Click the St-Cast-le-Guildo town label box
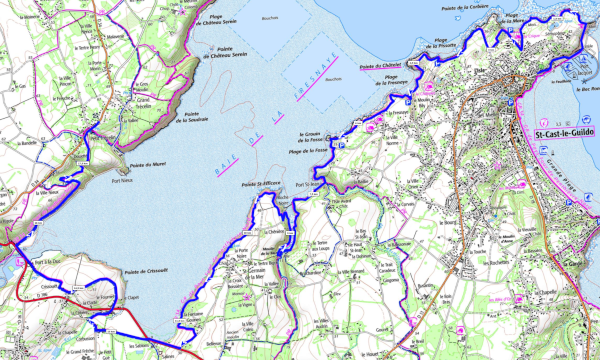(565, 134)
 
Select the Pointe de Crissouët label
(142, 272)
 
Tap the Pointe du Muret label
(147, 164)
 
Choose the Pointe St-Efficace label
(259, 185)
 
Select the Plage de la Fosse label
(309, 150)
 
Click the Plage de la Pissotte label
(447, 44)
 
